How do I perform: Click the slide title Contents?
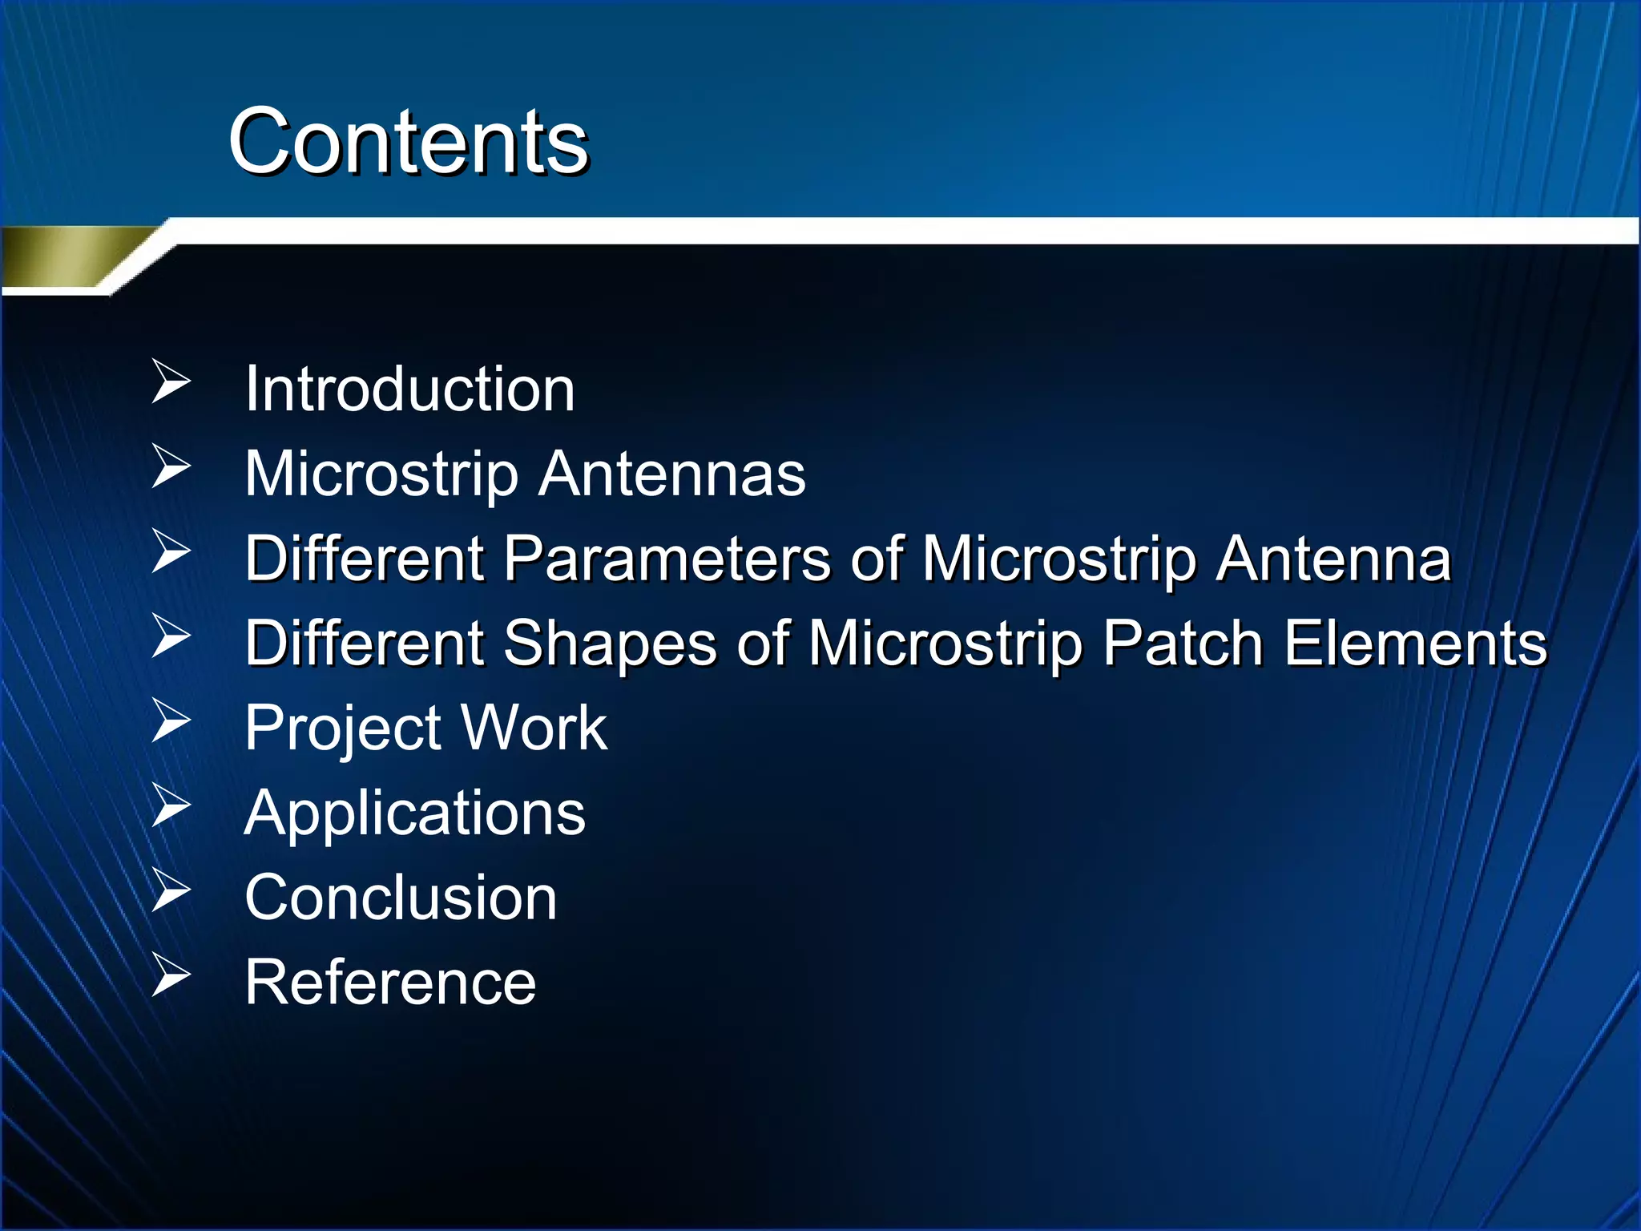pos(409,142)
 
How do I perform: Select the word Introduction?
pos(409,389)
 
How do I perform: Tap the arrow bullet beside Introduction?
pos(171,381)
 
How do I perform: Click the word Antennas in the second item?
pos(671,474)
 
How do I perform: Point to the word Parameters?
pos(667,559)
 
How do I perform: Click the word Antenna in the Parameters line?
pos(1333,559)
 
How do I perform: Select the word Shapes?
pos(609,644)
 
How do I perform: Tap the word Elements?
pos(1415,644)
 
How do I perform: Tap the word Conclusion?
pos(401,898)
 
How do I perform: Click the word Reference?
pos(390,983)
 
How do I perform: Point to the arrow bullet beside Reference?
pos(171,975)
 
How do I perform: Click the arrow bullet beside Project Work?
pos(171,720)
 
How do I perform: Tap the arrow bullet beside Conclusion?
pos(171,890)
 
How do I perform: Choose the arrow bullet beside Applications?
pos(171,805)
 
